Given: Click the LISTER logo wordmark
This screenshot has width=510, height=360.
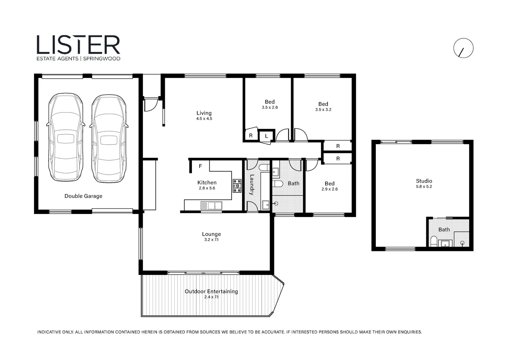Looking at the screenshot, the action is click(78, 45).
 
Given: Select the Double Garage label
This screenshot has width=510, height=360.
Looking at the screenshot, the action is click(83, 196).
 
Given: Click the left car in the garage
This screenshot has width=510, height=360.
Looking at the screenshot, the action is click(65, 137).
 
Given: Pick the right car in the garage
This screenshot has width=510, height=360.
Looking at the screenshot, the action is click(109, 138).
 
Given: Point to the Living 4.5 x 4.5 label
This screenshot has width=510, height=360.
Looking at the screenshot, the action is click(204, 115).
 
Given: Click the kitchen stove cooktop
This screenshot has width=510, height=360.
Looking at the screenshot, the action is click(237, 186).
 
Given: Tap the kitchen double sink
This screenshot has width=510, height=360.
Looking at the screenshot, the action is click(211, 206).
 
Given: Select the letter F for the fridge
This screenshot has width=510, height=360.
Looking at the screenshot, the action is click(200, 166).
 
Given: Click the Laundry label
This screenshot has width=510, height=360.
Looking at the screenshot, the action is click(252, 185).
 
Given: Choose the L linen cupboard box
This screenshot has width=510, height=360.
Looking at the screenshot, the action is click(266, 136).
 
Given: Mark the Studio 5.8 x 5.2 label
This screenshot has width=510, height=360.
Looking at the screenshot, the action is click(424, 184).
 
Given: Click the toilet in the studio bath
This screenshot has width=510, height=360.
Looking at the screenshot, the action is click(434, 241).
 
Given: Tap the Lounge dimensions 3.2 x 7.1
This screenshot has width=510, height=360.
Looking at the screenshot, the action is click(211, 240).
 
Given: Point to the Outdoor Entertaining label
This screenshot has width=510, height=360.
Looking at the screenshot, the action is click(211, 292).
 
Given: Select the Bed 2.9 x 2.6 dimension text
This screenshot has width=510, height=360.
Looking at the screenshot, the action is click(329, 189).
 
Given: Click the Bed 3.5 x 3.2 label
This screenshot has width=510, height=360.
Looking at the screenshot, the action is click(323, 106).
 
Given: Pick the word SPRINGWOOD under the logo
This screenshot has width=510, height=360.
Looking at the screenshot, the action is click(101, 59).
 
